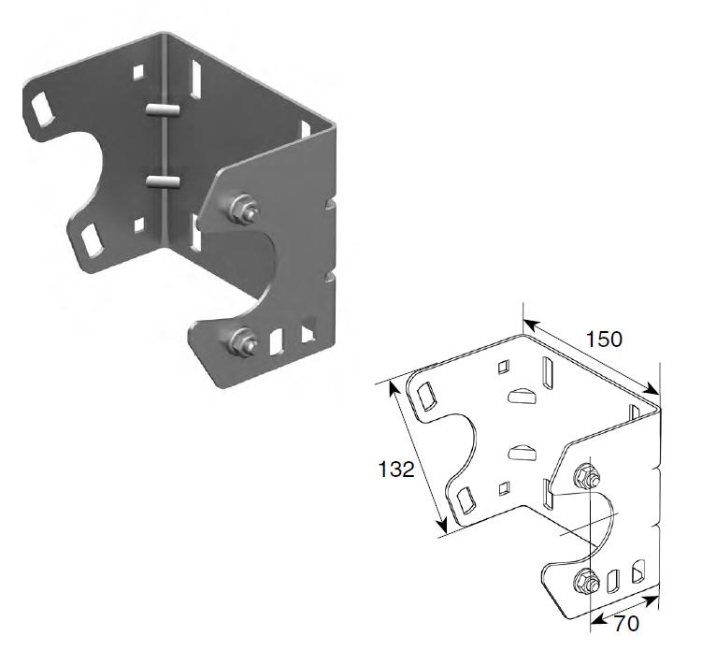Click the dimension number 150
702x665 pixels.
tap(604, 340)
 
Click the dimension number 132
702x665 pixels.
tap(396, 470)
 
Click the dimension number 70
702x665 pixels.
tap(626, 623)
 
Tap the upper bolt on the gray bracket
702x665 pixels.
tap(243, 210)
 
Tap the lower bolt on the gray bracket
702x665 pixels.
tap(243, 343)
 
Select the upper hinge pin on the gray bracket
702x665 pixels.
tap(163, 110)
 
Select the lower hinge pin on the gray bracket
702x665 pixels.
tap(163, 181)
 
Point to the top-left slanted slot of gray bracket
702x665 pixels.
tap(42, 108)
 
